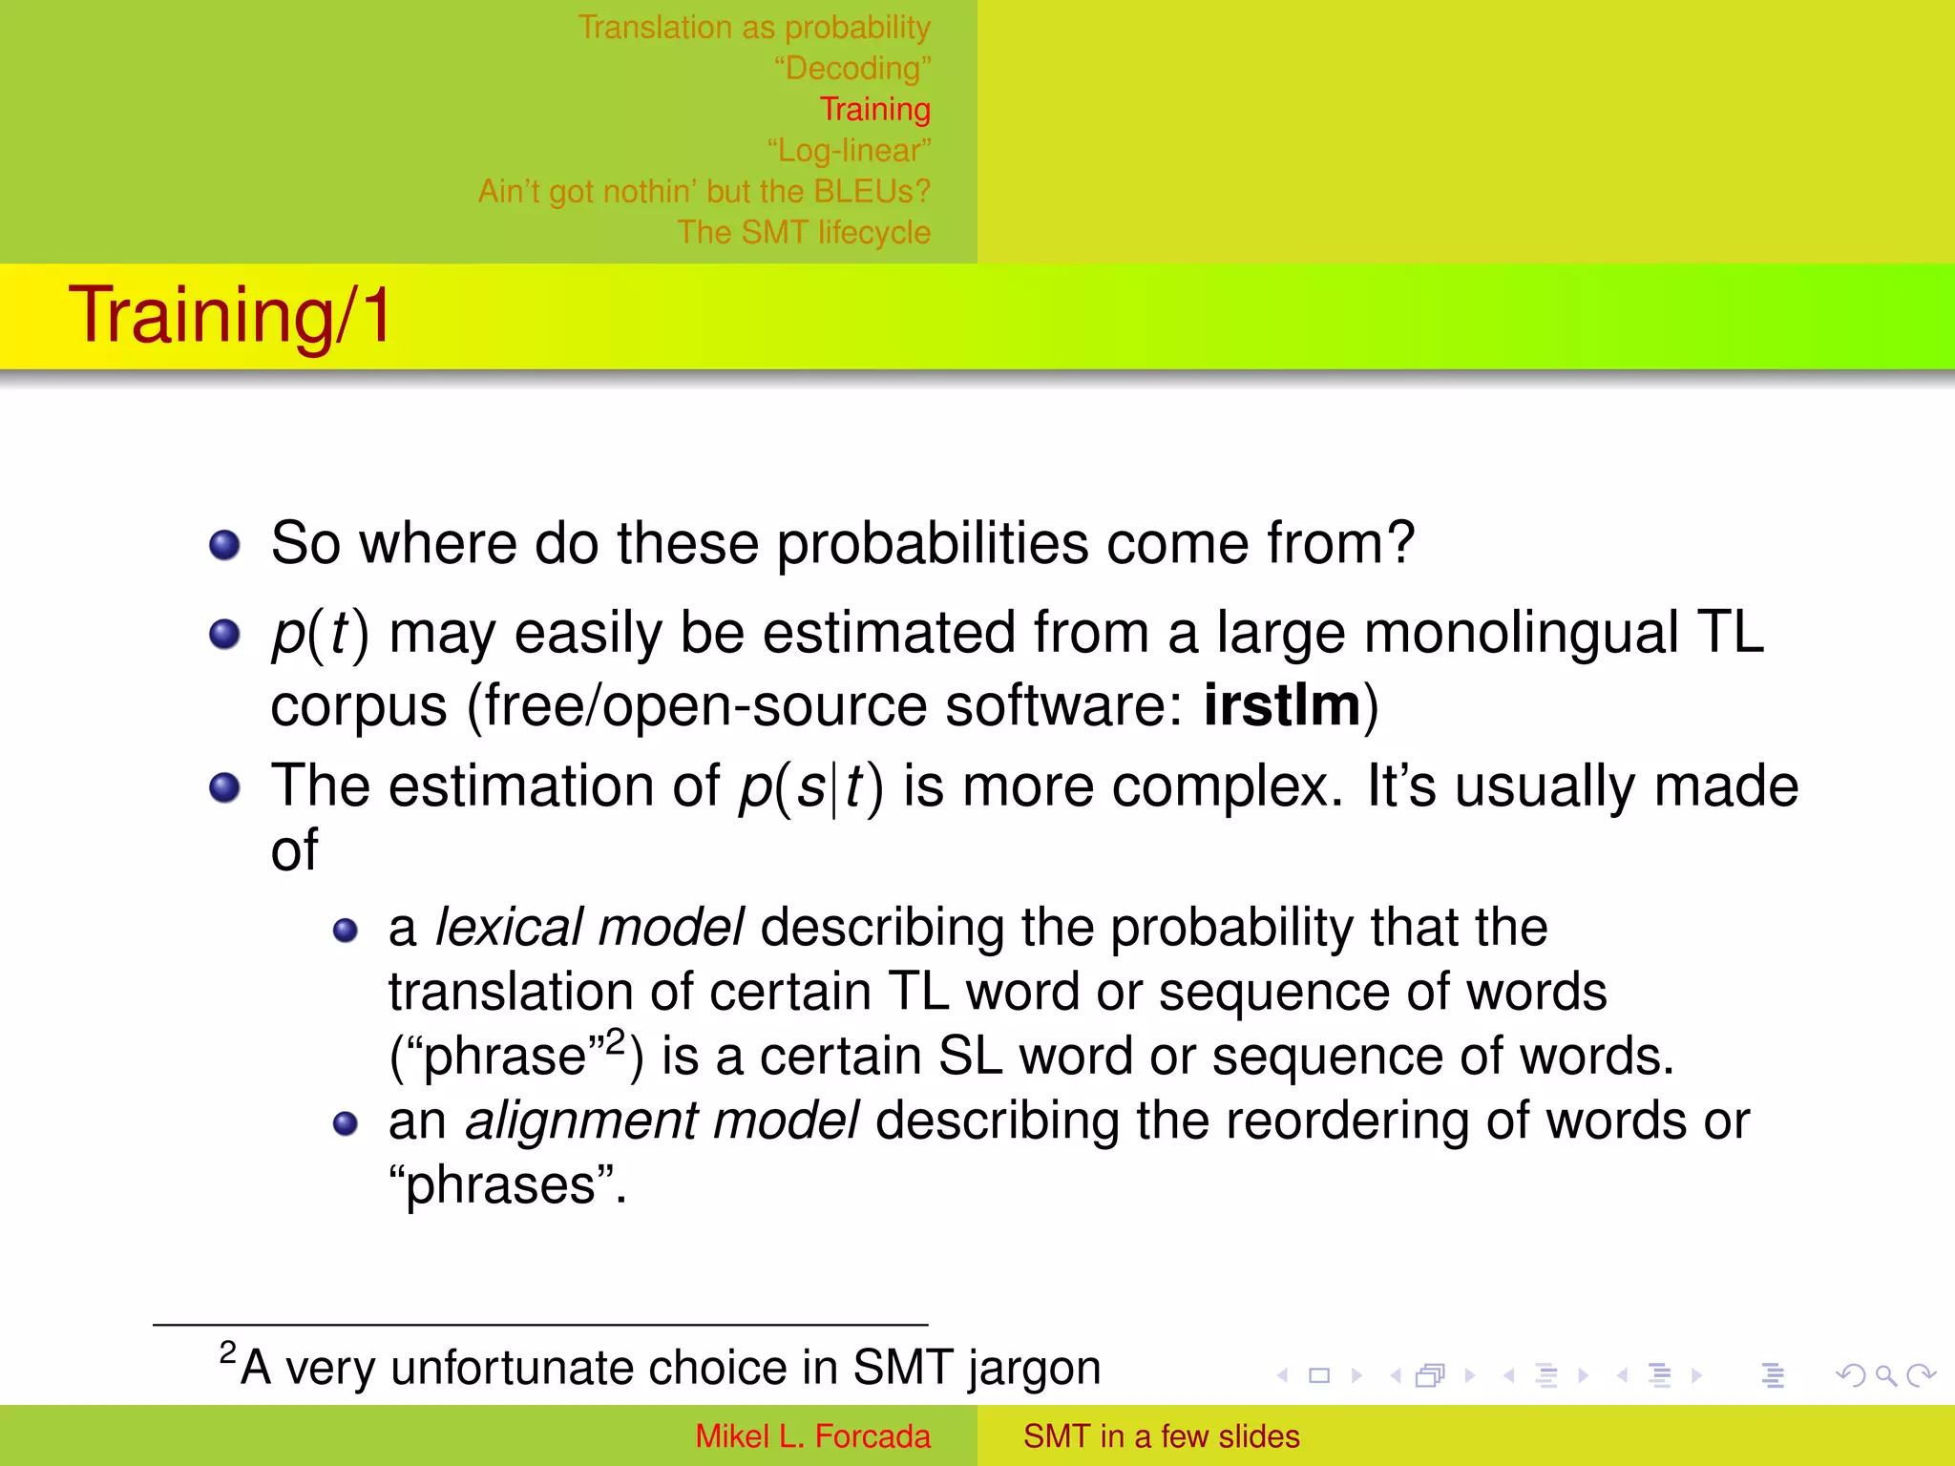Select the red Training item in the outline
click(x=874, y=110)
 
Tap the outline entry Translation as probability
click(x=753, y=28)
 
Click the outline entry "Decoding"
click(x=851, y=69)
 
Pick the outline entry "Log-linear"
click(x=848, y=151)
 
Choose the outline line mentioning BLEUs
click(x=704, y=192)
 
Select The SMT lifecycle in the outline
click(x=803, y=233)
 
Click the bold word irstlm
click(x=1281, y=706)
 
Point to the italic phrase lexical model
click(x=589, y=928)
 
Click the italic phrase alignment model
click(x=662, y=1120)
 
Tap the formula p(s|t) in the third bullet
click(x=810, y=787)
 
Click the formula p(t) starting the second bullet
click(x=320, y=634)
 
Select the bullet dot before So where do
click(x=224, y=546)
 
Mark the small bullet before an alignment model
click(x=345, y=1124)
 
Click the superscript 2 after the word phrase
click(x=616, y=1039)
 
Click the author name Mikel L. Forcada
click(x=812, y=1436)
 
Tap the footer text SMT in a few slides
click(x=1161, y=1436)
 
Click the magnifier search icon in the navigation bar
click(x=1885, y=1375)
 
